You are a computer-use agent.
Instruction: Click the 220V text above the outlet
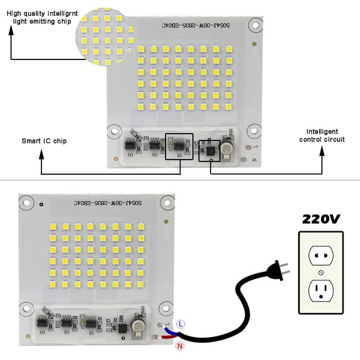pyautogui.click(x=321, y=220)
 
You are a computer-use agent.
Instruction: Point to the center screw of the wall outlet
pyautogui.click(x=321, y=273)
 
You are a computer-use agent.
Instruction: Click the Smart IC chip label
pyautogui.click(x=44, y=141)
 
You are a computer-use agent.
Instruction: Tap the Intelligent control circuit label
pyautogui.click(x=322, y=135)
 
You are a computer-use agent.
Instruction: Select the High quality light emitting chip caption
pyautogui.click(x=39, y=17)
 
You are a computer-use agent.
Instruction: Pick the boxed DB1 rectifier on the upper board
pyautogui.click(x=209, y=151)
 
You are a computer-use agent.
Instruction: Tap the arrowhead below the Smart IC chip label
pyautogui.click(x=41, y=155)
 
